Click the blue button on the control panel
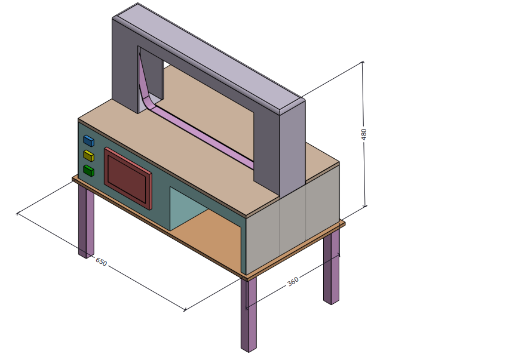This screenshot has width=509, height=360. click(88, 141)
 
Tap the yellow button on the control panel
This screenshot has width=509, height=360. click(88, 156)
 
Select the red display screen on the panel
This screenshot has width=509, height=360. click(128, 178)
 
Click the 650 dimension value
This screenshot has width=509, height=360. click(101, 262)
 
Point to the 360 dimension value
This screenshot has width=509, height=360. click(293, 281)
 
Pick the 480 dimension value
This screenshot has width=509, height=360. click(364, 134)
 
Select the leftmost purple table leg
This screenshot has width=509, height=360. click(86, 221)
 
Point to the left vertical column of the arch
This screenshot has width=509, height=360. click(124, 66)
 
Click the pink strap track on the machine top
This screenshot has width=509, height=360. click(203, 134)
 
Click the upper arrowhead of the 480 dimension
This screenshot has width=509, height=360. click(363, 63)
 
